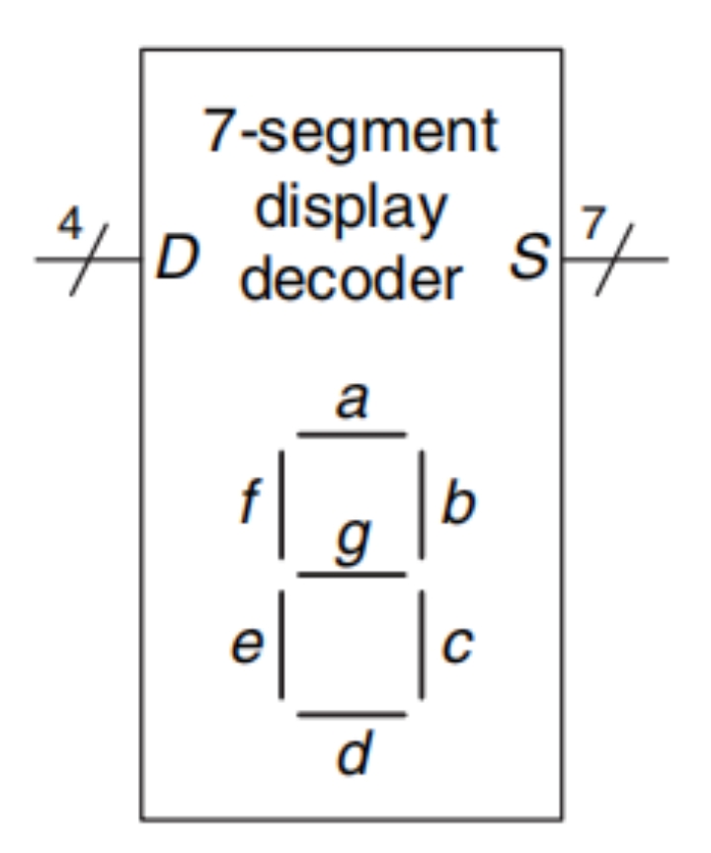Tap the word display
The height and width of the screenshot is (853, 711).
pyautogui.click(x=351, y=210)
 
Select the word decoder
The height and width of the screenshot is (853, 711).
pyautogui.click(x=351, y=281)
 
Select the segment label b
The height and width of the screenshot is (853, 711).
pyautogui.click(x=458, y=504)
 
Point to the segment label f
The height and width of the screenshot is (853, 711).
pyautogui.click(x=249, y=504)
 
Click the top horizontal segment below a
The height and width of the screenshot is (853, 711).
pyautogui.click(x=352, y=433)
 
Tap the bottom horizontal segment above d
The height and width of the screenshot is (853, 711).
pyautogui.click(x=352, y=714)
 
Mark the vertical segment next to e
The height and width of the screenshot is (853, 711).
pyautogui.click(x=281, y=645)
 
